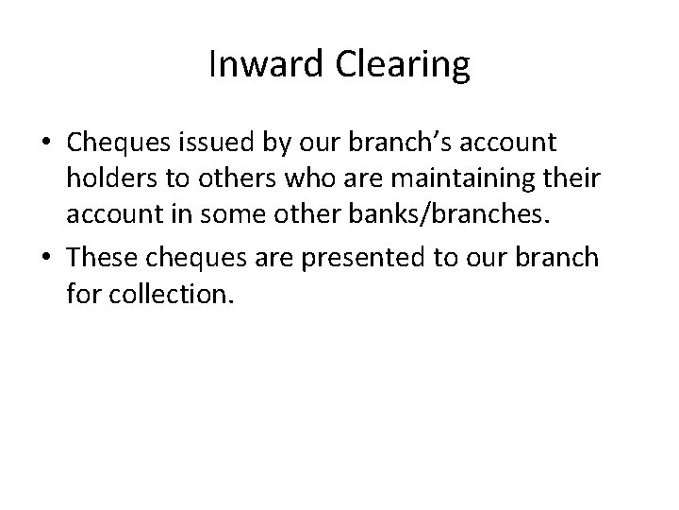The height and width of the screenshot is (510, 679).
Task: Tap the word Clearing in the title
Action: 400,65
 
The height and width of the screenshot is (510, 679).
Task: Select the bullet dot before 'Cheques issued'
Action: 46,144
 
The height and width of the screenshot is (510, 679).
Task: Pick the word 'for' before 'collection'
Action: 85,296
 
